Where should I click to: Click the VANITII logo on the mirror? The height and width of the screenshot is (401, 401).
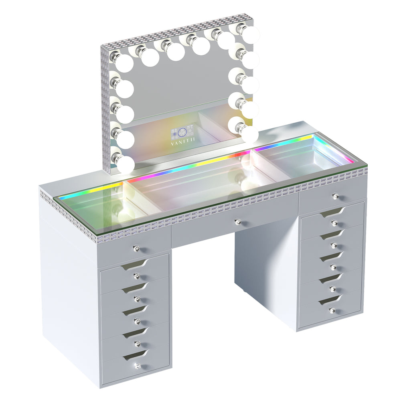(183, 140)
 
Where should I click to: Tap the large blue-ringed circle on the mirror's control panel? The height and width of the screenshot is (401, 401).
(183, 132)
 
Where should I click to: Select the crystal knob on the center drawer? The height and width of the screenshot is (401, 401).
(237, 221)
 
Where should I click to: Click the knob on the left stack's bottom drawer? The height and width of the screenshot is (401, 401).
(138, 365)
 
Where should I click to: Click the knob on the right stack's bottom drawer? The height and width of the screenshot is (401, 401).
(332, 310)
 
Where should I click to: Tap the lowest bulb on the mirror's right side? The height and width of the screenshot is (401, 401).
(249, 133)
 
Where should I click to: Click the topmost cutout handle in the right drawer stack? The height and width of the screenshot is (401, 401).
(332, 212)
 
